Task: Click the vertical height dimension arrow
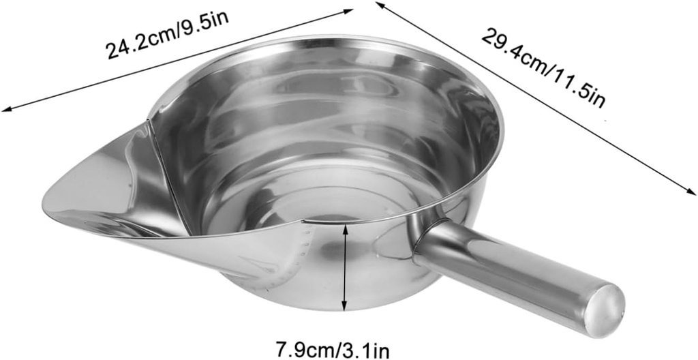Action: tap(346, 267)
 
